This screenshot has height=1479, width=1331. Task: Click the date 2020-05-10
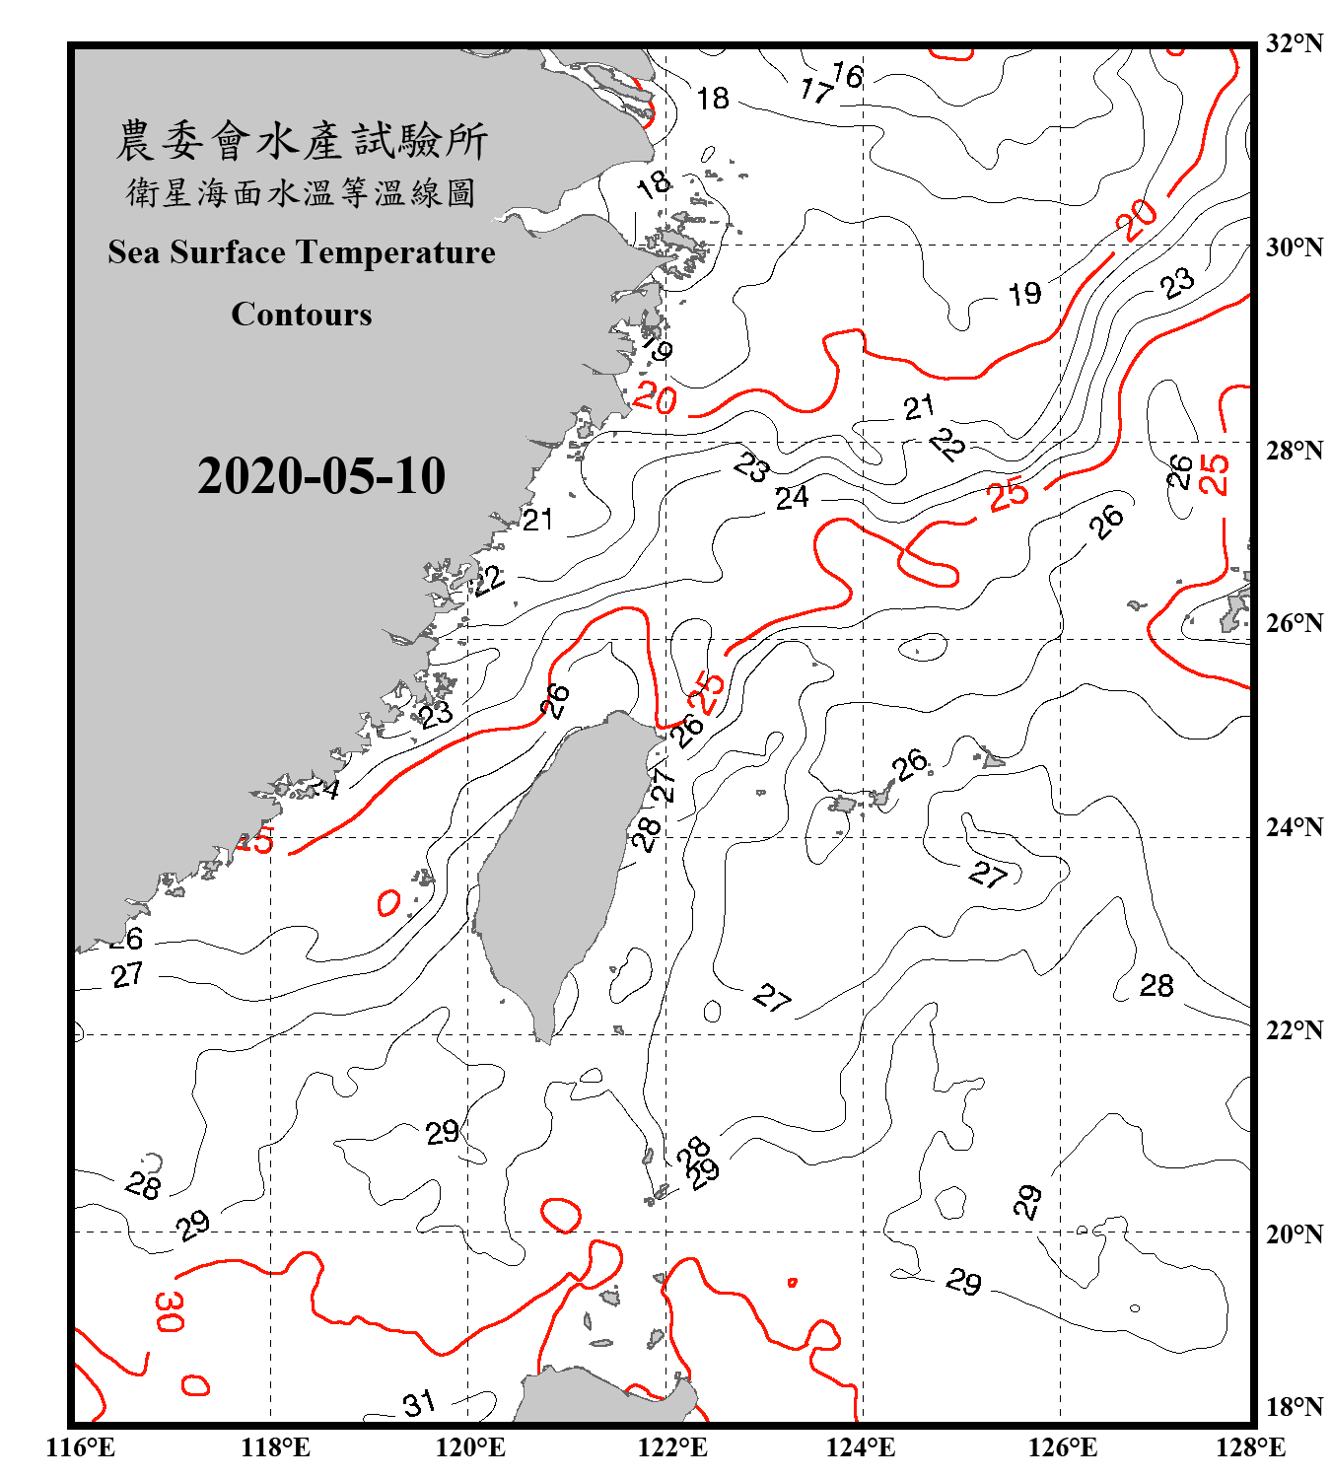tap(321, 476)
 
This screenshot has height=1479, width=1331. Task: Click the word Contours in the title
tap(302, 314)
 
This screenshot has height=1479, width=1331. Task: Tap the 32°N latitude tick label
tap(1294, 43)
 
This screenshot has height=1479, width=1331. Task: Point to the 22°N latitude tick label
tap(1294, 1030)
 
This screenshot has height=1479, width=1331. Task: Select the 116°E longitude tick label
tap(80, 1447)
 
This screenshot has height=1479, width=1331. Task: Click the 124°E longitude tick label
tap(861, 1447)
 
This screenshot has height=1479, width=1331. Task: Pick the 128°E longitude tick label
tap(1250, 1447)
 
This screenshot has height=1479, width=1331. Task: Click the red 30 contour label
tap(169, 1310)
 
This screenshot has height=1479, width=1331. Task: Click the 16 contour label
tap(847, 75)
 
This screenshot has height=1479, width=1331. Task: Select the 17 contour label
tap(816, 91)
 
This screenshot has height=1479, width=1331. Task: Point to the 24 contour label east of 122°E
tap(792, 498)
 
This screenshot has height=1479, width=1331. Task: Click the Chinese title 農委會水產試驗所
tap(302, 141)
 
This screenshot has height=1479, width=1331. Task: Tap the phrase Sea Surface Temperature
tap(302, 252)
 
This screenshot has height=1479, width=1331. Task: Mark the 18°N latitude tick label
tap(1294, 1407)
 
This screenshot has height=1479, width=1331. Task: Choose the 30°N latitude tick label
tap(1294, 246)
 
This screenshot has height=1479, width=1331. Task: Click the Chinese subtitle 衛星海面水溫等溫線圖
tap(302, 192)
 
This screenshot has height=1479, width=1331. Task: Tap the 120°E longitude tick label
tap(470, 1447)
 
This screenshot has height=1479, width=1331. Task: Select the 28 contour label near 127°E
tap(1156, 985)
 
